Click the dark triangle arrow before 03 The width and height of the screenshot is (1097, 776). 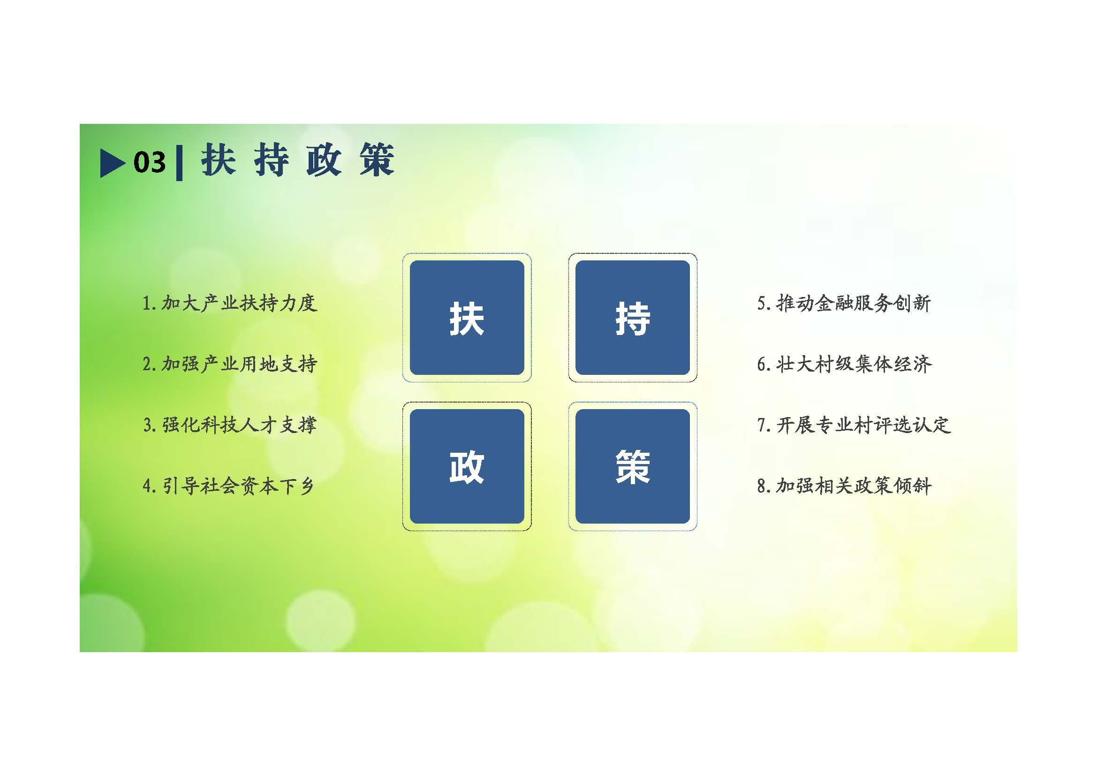coord(112,163)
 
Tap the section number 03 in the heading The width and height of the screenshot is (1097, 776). coord(150,162)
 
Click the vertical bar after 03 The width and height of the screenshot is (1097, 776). coord(179,163)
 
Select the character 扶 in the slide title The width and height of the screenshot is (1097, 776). coord(219,160)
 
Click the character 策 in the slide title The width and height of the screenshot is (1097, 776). coord(377,160)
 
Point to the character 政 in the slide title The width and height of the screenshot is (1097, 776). coord(324,160)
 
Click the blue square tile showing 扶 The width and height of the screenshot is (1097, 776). coord(467,318)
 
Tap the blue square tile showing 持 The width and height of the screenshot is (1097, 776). coord(633,318)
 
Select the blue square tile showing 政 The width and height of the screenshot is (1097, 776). coord(467,466)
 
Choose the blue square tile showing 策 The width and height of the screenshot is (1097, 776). coord(633,466)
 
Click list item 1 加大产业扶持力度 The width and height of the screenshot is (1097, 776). coord(230,303)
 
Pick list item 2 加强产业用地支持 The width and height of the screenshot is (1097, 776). coord(230,364)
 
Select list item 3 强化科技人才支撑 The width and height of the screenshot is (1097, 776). coord(230,425)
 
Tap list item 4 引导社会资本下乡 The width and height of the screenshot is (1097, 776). coord(228,486)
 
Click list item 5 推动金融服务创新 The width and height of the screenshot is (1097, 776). coord(844,303)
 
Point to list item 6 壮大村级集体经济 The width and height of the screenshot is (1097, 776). coord(844,364)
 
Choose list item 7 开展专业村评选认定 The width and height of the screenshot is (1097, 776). coord(854,425)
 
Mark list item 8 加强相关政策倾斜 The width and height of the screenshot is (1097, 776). coord(844,486)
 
